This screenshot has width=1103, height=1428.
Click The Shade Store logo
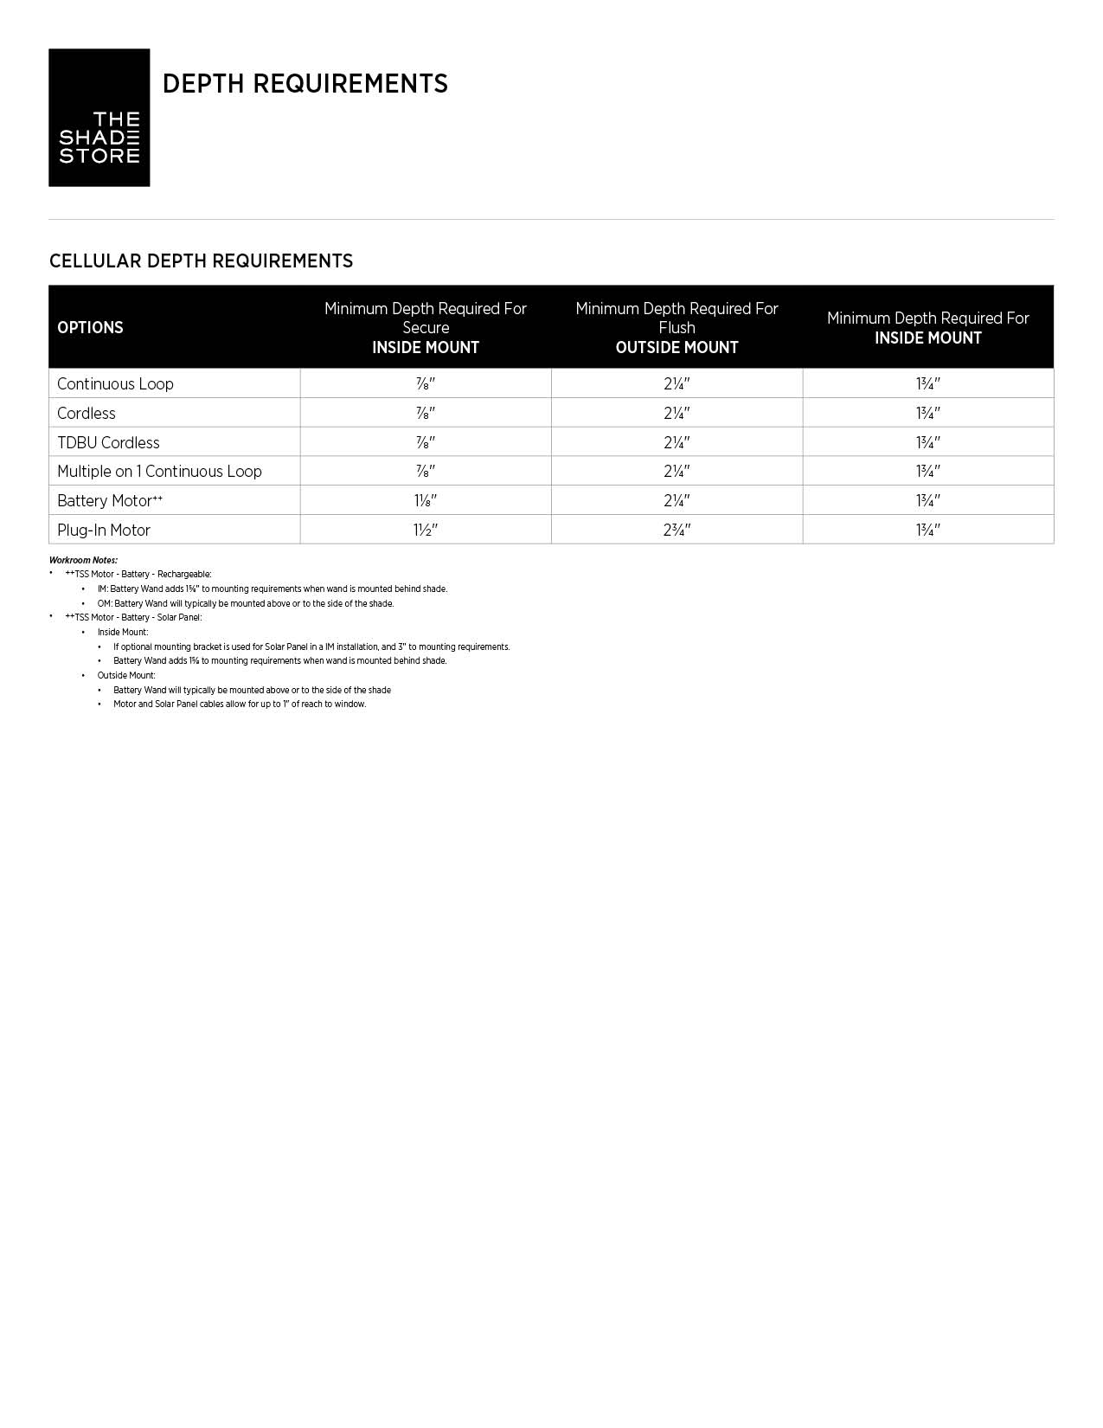[x=99, y=118]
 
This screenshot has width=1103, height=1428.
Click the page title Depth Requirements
[x=305, y=84]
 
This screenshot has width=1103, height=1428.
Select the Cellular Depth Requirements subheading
[x=201, y=261]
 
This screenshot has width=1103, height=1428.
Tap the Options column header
[x=90, y=328]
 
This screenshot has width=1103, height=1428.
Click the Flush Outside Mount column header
[x=677, y=328]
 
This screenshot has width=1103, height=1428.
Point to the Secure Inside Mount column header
[x=425, y=328]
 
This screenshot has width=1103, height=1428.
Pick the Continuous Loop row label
[x=115, y=384]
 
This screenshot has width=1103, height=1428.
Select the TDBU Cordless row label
[x=108, y=443]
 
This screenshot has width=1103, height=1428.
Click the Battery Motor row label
[x=109, y=501]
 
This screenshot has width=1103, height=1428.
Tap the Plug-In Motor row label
[x=104, y=531]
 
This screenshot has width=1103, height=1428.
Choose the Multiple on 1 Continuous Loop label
[x=159, y=472]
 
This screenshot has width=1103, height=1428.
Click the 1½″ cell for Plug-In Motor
[x=425, y=531]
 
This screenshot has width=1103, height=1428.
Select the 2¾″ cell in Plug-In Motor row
[x=677, y=531]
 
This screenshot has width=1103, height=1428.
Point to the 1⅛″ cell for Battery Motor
[x=425, y=501]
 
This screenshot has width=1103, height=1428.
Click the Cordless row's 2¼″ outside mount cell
[x=677, y=414]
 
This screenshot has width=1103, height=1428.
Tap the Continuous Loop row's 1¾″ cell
[x=927, y=384]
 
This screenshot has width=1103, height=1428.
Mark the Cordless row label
[x=87, y=414]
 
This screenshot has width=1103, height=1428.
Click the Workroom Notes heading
[x=83, y=560]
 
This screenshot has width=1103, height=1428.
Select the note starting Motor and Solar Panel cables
[x=240, y=704]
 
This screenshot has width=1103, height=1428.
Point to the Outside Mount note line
[x=126, y=675]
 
